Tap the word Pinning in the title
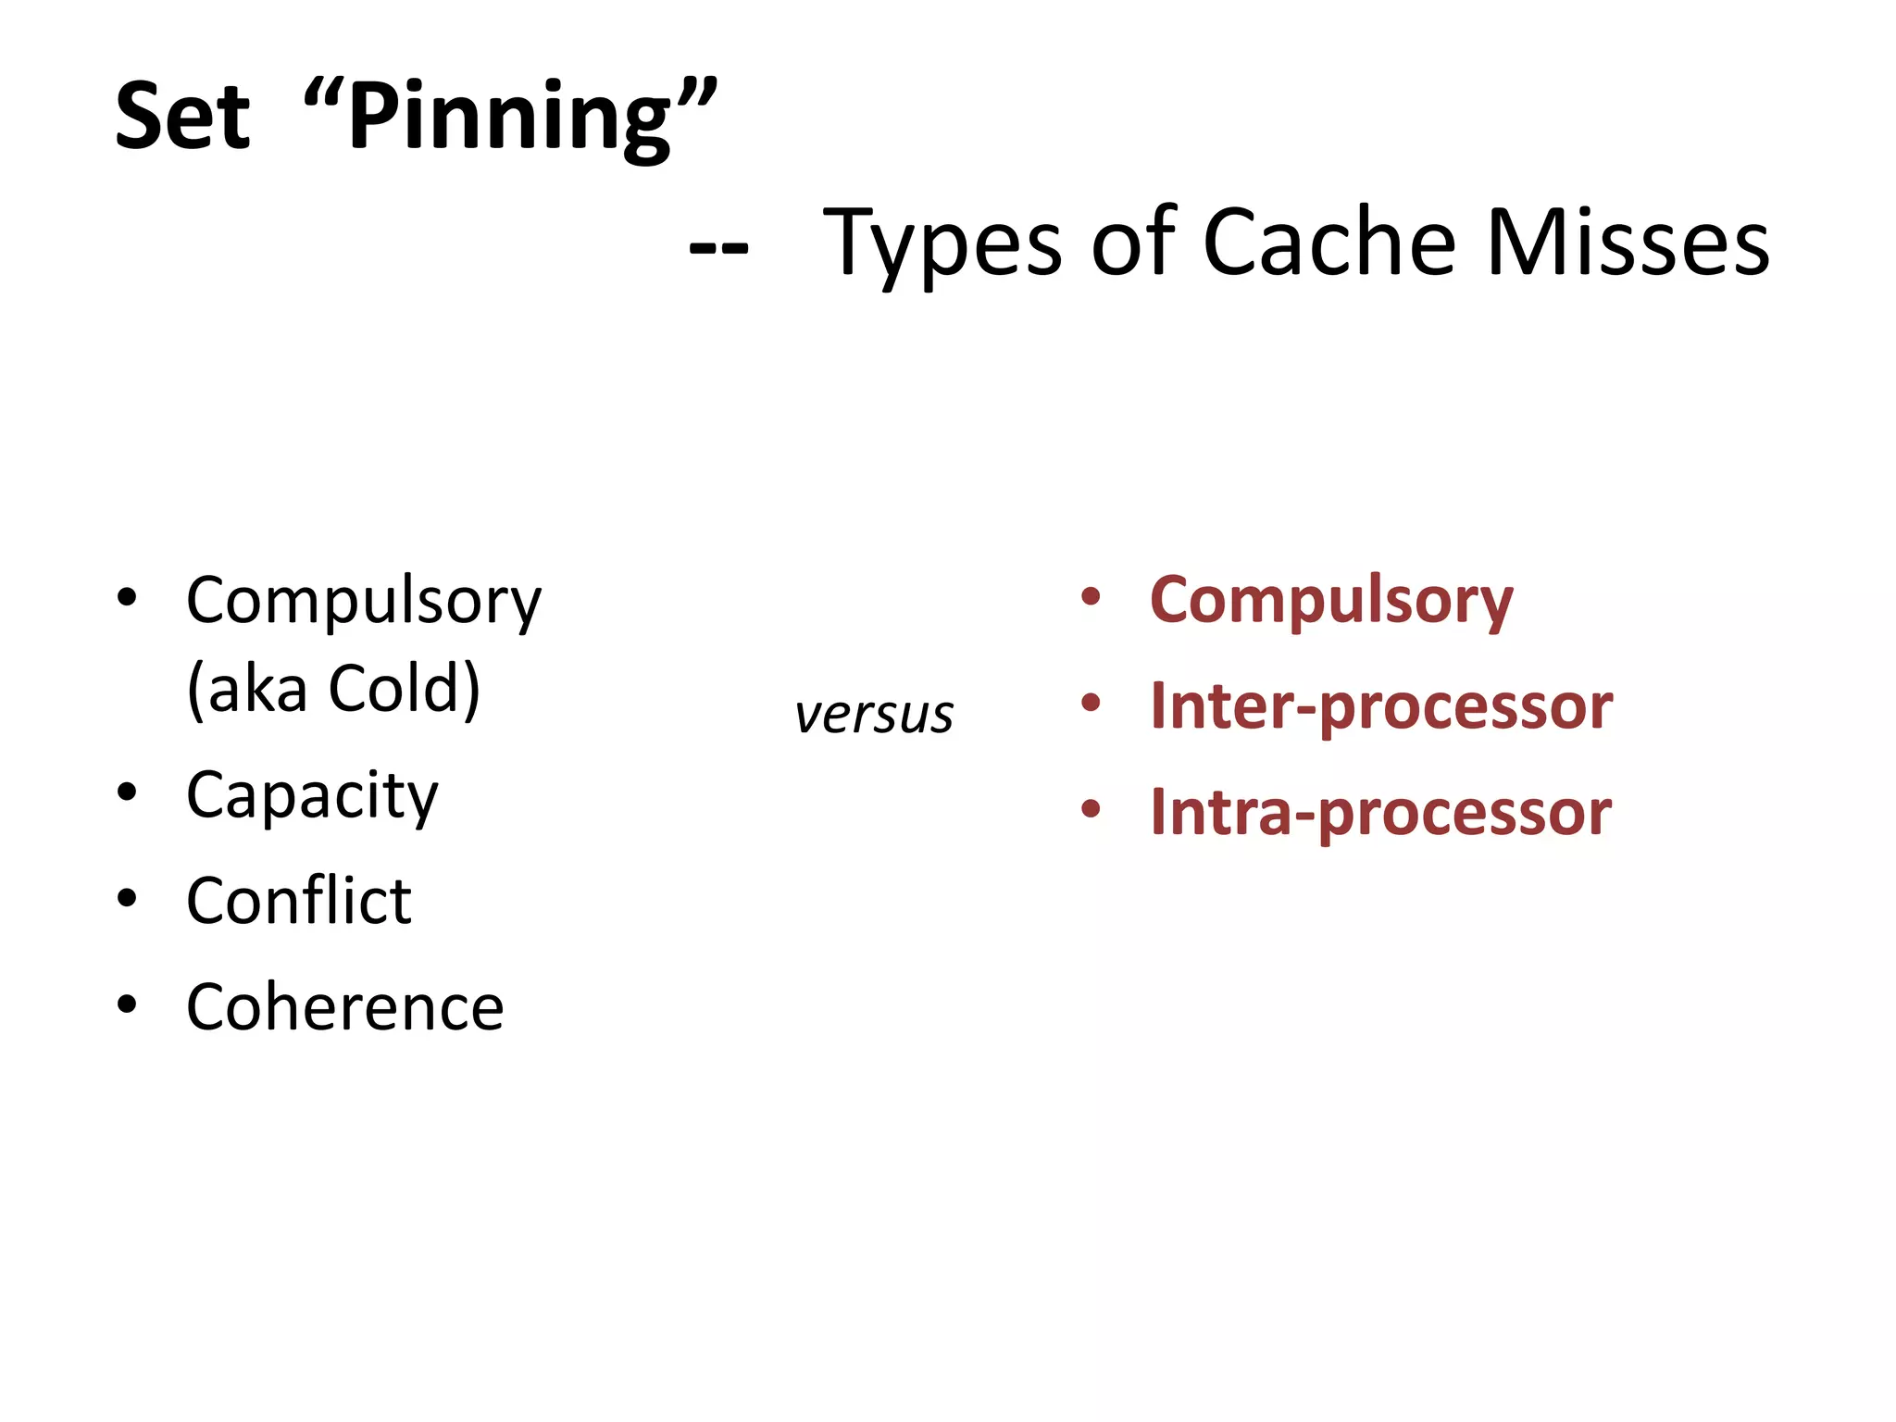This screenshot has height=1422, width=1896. [510, 118]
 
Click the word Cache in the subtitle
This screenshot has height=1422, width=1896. [1329, 243]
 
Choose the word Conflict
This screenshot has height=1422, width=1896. [299, 901]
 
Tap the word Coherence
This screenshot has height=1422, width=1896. [345, 1007]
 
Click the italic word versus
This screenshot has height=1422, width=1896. [874, 715]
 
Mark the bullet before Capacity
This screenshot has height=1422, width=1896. [128, 792]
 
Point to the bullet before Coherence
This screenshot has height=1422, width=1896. [128, 1004]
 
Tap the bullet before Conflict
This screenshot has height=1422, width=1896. [128, 898]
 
